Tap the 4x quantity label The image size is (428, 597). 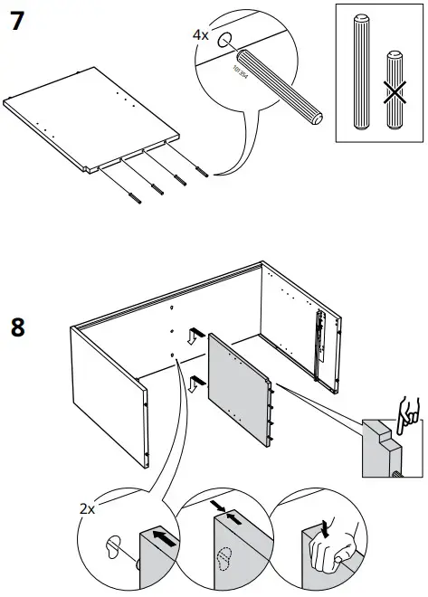[x=200, y=35]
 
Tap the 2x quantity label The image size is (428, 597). [x=87, y=509]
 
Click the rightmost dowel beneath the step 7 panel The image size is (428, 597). [x=201, y=173]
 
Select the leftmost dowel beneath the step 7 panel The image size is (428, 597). [x=134, y=195]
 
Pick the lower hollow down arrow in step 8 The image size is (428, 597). [x=194, y=383]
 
